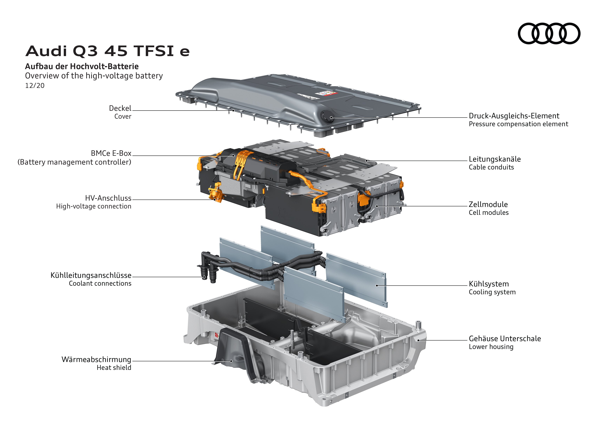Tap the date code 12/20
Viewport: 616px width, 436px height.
click(35, 86)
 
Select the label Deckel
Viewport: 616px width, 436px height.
click(120, 108)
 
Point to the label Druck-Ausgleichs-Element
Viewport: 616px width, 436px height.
click(514, 116)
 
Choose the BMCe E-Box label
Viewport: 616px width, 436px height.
click(111, 153)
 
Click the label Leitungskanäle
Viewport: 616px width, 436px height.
click(494, 159)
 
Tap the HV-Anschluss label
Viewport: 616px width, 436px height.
click(108, 198)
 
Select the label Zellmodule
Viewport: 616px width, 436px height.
click(488, 205)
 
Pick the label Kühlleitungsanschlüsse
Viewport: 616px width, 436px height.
click(91, 275)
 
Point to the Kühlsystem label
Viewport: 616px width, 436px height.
click(488, 284)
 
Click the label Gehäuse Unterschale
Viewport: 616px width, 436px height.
click(505, 339)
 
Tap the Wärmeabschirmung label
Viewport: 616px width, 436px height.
click(96, 360)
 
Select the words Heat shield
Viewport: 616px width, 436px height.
click(114, 368)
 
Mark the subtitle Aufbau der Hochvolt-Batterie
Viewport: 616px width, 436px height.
click(82, 66)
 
